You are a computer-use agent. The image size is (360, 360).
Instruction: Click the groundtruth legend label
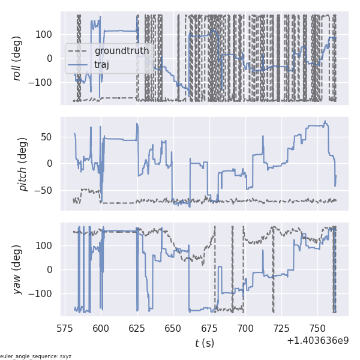[122, 51]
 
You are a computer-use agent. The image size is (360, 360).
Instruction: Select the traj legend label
[106, 64]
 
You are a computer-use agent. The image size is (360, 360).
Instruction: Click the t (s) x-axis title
[205, 343]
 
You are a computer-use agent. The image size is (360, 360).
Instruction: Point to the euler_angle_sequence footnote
[36, 356]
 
